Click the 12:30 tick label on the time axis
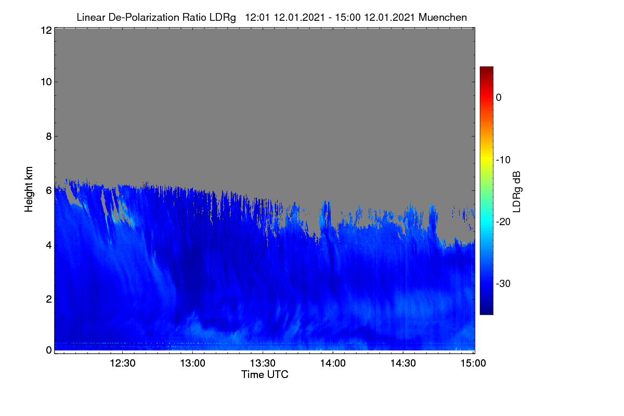click(x=123, y=363)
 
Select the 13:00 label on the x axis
click(x=192, y=363)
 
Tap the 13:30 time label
click(x=263, y=363)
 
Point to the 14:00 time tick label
click(x=333, y=363)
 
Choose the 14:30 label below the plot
click(x=403, y=363)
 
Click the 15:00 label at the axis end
click(x=473, y=363)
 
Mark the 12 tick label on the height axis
click(x=46, y=30)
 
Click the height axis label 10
click(x=46, y=82)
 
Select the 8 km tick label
click(x=49, y=137)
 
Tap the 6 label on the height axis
click(x=49, y=191)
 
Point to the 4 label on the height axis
click(x=49, y=245)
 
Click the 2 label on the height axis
click(x=49, y=300)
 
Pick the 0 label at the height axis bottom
click(x=49, y=350)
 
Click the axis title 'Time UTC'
click(x=265, y=375)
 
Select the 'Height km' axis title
click(x=29, y=189)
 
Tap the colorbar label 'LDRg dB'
click(x=517, y=192)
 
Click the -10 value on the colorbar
click(x=503, y=160)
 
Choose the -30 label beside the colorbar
click(x=503, y=284)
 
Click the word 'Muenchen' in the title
click(x=443, y=18)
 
